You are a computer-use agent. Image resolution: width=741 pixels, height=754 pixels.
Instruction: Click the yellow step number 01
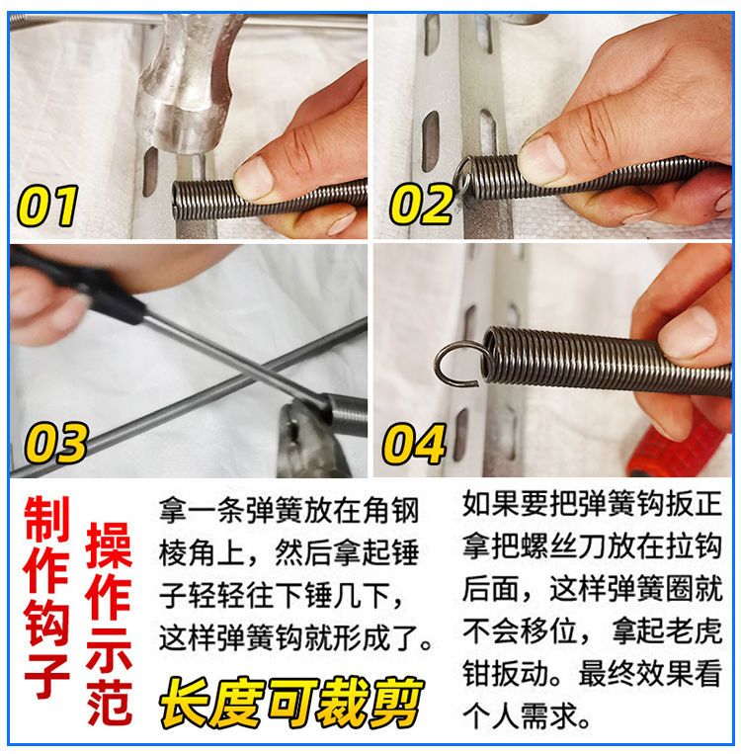click(x=47, y=206)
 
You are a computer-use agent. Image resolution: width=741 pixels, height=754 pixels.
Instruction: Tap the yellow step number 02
click(x=421, y=206)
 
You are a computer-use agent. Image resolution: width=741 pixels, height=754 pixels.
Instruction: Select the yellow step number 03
click(x=55, y=443)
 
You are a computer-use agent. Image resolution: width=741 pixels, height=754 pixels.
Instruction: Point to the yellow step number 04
click(x=414, y=443)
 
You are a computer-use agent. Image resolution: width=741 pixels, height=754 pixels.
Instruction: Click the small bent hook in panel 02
click(x=462, y=180)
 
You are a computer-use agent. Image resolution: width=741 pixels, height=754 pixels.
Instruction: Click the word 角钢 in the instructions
click(x=390, y=511)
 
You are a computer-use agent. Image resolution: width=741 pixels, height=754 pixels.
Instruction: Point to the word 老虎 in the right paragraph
click(x=694, y=630)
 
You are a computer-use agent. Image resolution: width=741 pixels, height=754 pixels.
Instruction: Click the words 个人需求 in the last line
click(x=521, y=716)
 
